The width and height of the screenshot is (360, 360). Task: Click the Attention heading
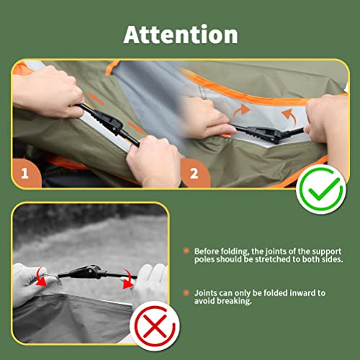tap(180, 34)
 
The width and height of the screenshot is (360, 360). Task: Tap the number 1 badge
tap(26, 174)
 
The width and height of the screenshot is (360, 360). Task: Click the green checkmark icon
tap(319, 188)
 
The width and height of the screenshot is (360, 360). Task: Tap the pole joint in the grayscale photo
tap(90, 273)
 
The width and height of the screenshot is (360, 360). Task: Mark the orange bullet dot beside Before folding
tap(186, 251)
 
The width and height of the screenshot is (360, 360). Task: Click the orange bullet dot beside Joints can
tap(186, 293)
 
